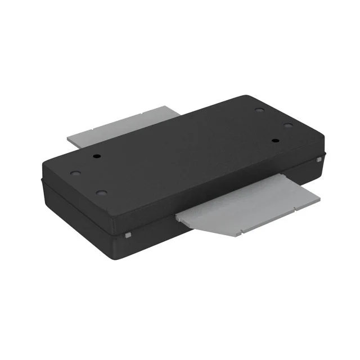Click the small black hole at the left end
tap(96, 155)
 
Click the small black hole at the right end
tap(276, 140)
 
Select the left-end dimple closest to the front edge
tap(101, 193)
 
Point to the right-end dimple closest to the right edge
tap(287, 125)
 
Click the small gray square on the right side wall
tap(319, 161)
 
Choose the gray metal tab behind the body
tap(121, 128)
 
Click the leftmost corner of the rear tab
tap(67, 137)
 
